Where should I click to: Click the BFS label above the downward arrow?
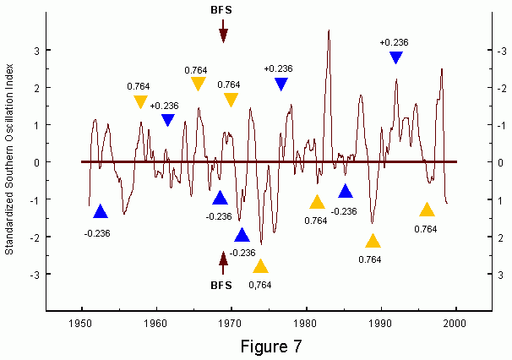222,11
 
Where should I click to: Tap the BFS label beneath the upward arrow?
222,286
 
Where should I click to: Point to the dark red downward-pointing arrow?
223,31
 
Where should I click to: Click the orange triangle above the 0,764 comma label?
260,267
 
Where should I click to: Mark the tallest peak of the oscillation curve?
329,30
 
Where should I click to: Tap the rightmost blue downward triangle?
395,57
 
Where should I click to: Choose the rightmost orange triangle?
427,210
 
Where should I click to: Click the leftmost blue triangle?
100,211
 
